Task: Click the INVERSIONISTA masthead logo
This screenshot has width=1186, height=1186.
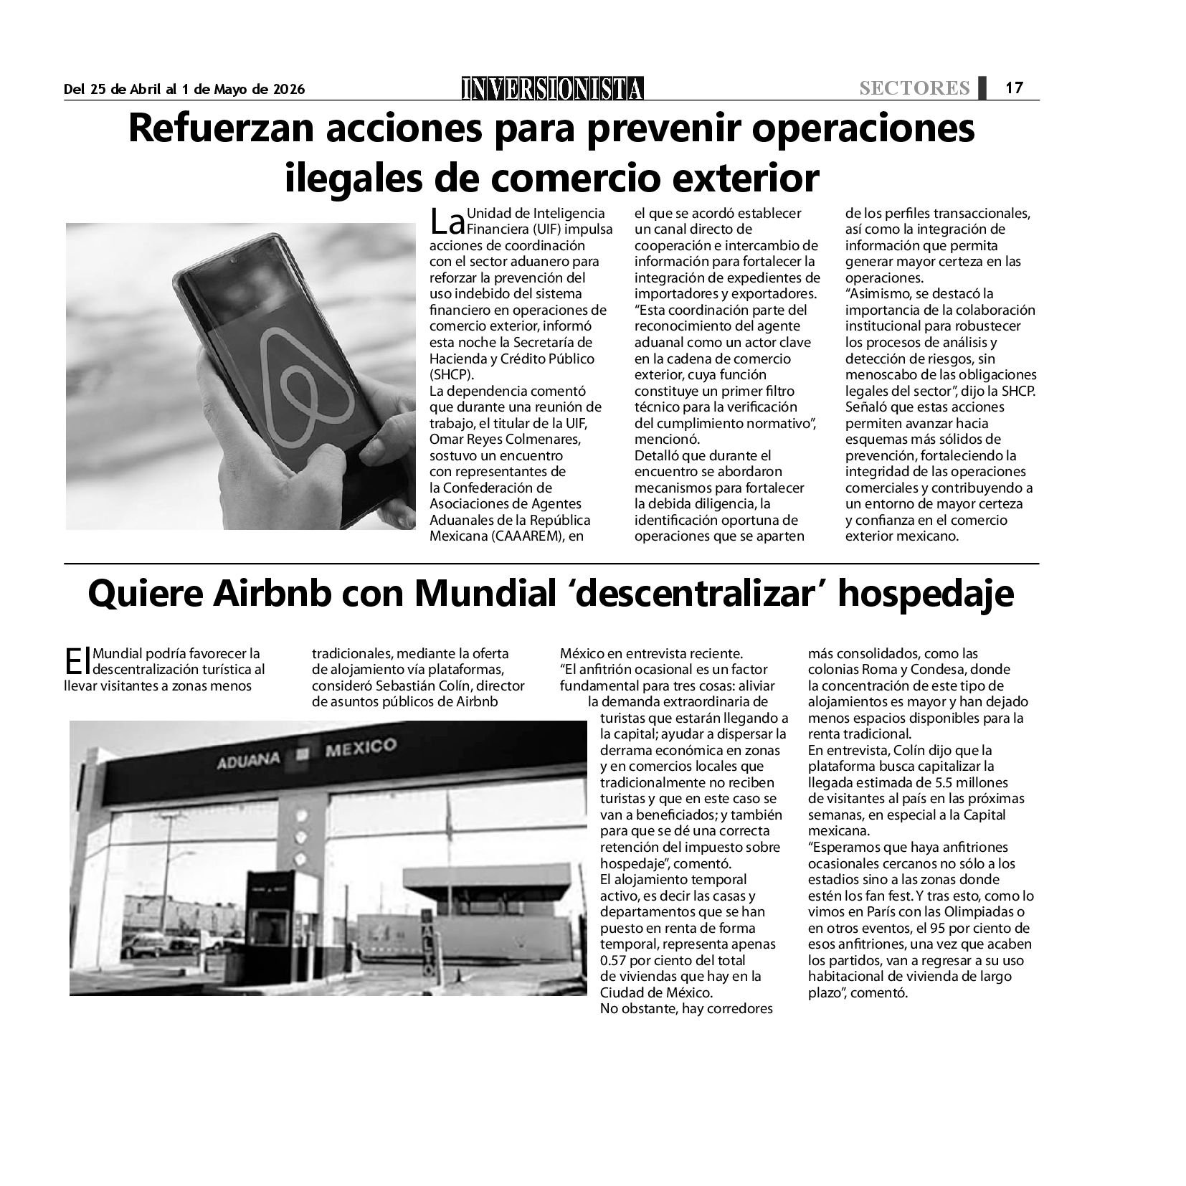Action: coord(553,88)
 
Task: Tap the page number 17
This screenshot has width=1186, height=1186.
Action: coord(1013,88)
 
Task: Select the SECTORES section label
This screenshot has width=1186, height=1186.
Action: coord(914,88)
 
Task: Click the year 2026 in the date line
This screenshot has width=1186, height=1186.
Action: coord(287,89)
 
